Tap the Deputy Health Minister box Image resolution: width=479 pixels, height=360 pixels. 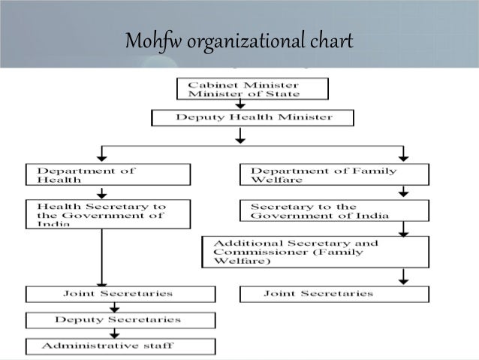(253, 118)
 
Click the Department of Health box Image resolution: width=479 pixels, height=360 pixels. (107, 175)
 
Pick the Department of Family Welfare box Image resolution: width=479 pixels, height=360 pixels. (334, 175)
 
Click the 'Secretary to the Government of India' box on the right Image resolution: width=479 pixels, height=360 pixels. (334, 210)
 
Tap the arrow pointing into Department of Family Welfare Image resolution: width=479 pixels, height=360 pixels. (403, 153)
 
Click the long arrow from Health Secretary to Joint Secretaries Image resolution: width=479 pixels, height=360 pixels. (101, 256)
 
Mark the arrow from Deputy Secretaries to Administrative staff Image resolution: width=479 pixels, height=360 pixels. (101, 333)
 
